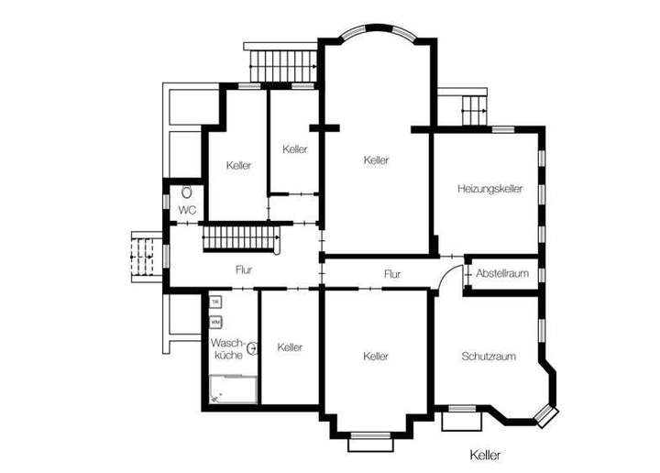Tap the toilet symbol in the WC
click(187, 192)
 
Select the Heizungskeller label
click(489, 189)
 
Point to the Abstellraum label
click(502, 273)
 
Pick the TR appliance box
click(215, 302)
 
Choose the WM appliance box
click(215, 323)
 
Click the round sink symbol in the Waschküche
click(251, 347)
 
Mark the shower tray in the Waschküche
click(232, 390)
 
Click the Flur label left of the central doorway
click(244, 270)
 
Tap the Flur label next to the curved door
click(392, 273)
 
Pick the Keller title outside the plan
click(486, 454)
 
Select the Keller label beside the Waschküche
click(290, 347)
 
